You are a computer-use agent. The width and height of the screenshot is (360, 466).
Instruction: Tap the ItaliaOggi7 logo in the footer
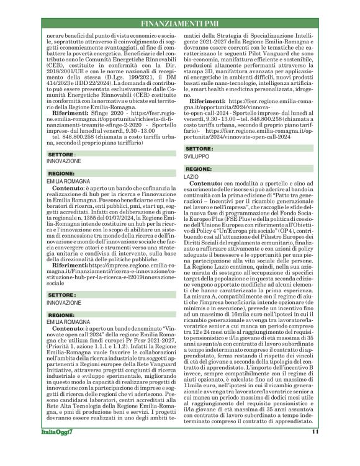pyautogui.click(x=59, y=448)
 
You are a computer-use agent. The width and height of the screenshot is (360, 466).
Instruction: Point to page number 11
pyautogui.click(x=315, y=448)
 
